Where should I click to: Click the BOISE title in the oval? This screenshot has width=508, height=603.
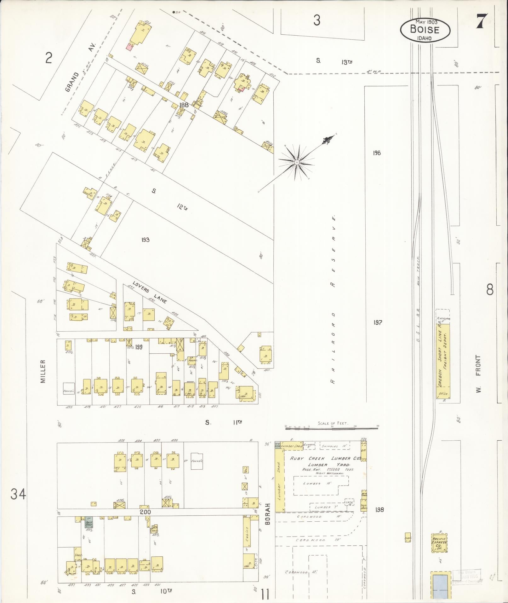coord(425,30)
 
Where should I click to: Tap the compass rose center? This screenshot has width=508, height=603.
coord(296,162)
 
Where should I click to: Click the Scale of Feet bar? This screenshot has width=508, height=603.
coord(332,428)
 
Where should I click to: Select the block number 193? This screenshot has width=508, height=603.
coord(145,240)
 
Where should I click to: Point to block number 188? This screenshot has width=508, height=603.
coord(184,105)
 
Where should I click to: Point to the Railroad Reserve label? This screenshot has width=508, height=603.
coord(333,299)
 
